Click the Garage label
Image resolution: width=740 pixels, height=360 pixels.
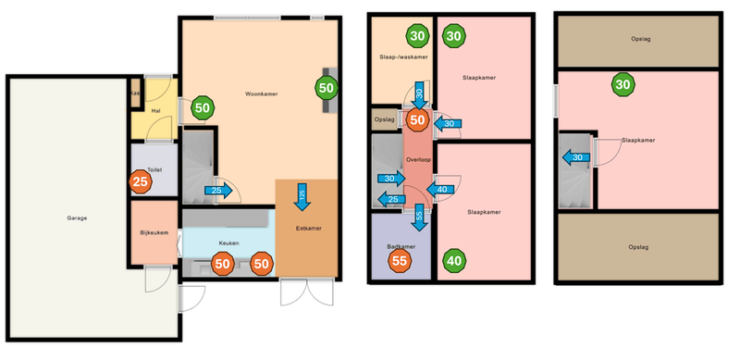[77, 218]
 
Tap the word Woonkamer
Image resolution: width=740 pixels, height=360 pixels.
[262, 94]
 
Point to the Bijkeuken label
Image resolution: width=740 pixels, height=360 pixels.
[154, 232]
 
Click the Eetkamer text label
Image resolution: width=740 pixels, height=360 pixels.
[308, 228]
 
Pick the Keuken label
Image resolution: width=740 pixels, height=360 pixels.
[228, 242]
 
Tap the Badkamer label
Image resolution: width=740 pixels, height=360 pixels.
[400, 246]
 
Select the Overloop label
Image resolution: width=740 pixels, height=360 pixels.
[418, 160]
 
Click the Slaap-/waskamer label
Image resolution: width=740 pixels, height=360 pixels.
[404, 56]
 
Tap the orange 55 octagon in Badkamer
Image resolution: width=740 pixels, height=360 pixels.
[401, 262]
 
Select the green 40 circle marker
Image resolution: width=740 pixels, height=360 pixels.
[454, 261]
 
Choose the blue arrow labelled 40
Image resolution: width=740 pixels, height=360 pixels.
[441, 190]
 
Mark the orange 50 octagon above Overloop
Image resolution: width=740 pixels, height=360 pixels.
[417, 119]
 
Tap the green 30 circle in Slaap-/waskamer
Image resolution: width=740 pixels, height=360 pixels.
[417, 37]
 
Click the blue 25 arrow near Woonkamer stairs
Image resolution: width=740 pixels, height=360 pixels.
[217, 191]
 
